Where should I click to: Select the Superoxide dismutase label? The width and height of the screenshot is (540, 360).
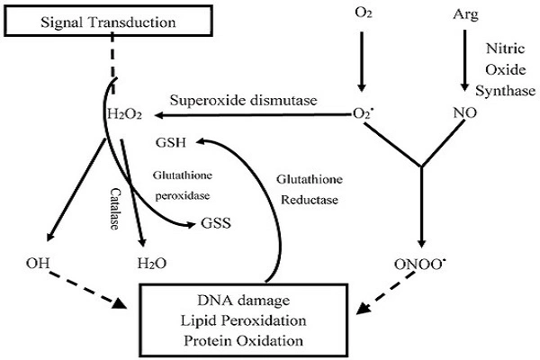241,101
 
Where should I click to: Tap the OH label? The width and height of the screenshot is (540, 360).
38,265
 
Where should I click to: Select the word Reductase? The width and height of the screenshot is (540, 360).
308,200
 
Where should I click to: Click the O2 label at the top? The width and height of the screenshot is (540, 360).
362,15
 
